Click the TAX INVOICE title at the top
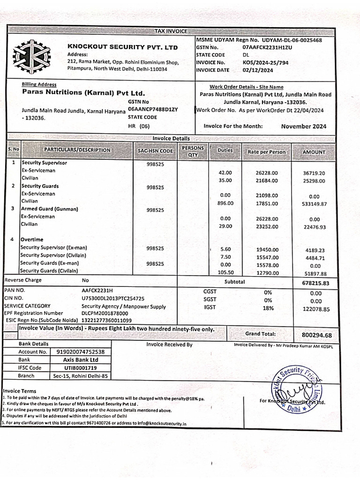[171, 31]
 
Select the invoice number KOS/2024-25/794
[265, 62]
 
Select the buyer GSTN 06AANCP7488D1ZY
[153, 109]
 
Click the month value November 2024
[303, 126]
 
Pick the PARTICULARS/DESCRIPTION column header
[77, 150]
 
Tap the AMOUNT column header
[314, 152]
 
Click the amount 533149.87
[314, 204]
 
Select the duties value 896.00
[225, 203]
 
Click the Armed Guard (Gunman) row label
[50, 209]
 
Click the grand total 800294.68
[314, 335]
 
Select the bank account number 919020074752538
[81, 352]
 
